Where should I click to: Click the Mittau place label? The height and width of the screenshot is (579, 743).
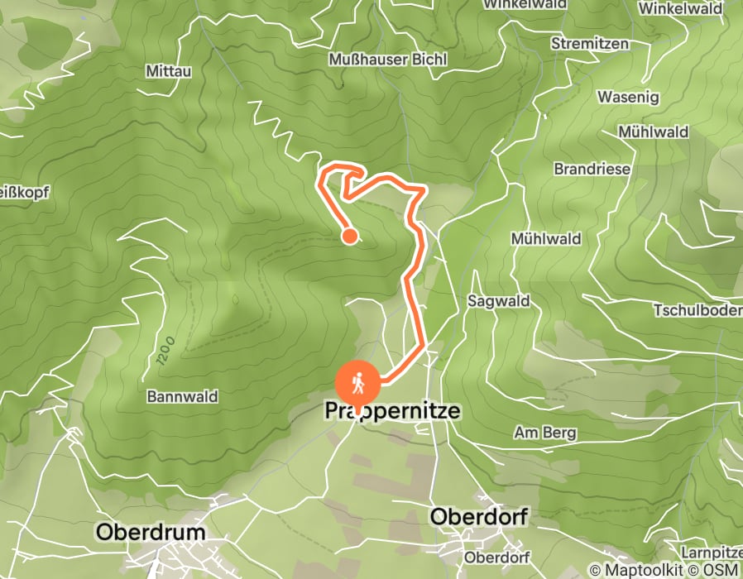coord(168,71)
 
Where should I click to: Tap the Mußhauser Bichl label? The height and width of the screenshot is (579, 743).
coord(388,60)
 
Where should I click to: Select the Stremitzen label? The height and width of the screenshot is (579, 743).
coord(590,44)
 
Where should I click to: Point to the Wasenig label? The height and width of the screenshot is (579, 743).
coord(628,98)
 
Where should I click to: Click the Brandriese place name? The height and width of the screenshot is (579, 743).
coord(592,169)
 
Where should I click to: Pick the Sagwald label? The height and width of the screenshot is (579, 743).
coord(499,301)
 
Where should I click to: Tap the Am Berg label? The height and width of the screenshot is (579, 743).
coord(545,433)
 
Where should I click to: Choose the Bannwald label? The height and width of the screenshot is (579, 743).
coord(182,397)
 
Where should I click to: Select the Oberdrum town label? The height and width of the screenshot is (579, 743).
coord(151,532)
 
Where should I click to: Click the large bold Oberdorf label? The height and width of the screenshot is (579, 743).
coord(479,517)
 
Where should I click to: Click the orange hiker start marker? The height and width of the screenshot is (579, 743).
coord(358,383)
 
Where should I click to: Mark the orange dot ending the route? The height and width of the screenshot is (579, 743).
coord(350,237)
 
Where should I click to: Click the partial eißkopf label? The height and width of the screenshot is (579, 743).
coord(25,193)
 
